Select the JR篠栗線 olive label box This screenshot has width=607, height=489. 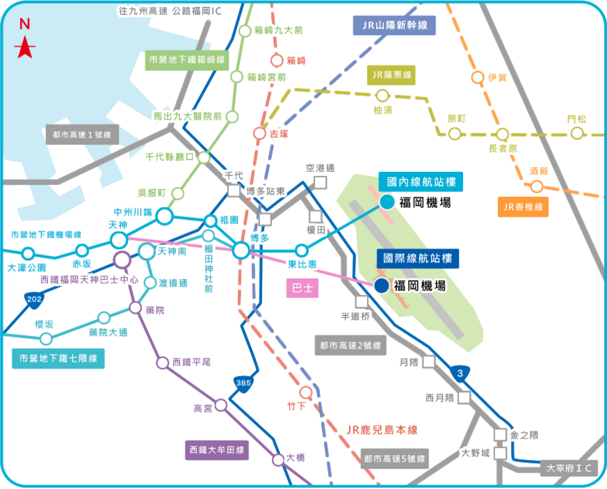click(x=391, y=75)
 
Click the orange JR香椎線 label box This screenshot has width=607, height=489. click(x=524, y=206)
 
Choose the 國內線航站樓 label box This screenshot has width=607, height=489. click(x=421, y=182)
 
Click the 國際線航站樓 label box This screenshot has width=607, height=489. click(x=418, y=259)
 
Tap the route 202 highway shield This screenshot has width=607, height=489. click(x=33, y=300)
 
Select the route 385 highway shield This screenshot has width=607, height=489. click(x=243, y=383)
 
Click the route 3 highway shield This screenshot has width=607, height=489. click(x=460, y=374)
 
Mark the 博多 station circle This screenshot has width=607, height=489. click(x=241, y=250)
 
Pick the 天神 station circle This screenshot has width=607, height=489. click(x=118, y=241)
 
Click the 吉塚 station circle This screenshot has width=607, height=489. click(x=259, y=133)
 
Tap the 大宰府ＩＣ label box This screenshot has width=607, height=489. click(x=568, y=468)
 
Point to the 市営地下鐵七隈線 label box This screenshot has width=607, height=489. click(x=58, y=359)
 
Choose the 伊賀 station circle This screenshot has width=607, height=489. click(x=477, y=77)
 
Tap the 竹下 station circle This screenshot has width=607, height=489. click(x=305, y=392)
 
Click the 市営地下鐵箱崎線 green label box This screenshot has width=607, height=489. click(x=186, y=61)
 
